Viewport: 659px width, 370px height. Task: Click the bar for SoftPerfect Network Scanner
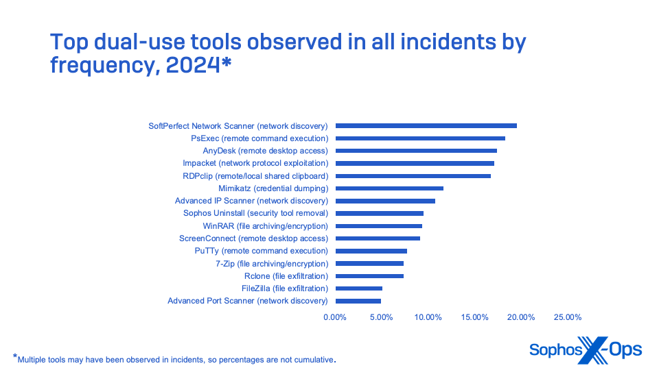pos(426,126)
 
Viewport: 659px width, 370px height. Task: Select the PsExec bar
pos(420,138)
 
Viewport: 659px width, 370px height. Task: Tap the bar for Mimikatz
pos(389,188)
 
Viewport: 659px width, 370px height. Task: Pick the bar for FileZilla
pos(358,288)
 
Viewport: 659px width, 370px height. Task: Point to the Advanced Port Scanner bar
pos(358,301)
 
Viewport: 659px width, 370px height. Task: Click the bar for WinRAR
pos(378,226)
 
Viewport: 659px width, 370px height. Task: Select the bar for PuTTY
pos(371,251)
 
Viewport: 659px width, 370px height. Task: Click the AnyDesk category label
pos(265,151)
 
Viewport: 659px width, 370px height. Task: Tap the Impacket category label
pos(255,163)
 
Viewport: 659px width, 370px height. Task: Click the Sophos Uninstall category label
pos(255,213)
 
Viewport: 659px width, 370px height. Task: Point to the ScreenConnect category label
pos(253,238)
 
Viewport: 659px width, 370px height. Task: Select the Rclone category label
pos(286,276)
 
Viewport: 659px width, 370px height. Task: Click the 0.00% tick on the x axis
pos(335,317)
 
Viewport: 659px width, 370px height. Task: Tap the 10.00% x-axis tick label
pos(428,317)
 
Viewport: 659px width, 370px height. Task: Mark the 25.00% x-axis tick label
pos(568,317)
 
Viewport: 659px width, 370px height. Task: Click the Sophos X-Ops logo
pos(585,349)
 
